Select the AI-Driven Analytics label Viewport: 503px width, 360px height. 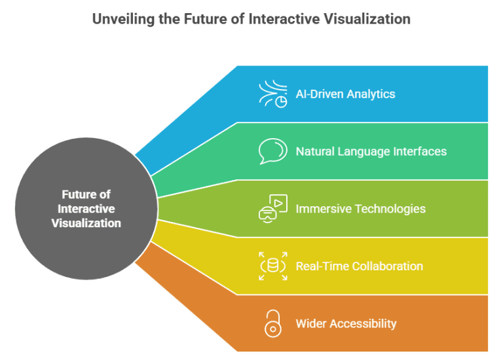coord(345,94)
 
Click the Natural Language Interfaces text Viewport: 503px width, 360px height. coord(371,151)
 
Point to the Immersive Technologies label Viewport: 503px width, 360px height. coord(360,209)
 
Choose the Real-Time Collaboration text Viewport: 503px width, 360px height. coord(359,266)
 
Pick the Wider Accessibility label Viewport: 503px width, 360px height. coord(346,323)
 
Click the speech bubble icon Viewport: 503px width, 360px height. coord(272,151)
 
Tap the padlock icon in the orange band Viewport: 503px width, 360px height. coord(272,323)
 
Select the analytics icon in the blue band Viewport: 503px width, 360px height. coord(272,94)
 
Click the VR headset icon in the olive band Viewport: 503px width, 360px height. coord(272,209)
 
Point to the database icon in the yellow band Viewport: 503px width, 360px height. coord(272,266)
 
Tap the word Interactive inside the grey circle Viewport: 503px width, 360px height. coord(86,209)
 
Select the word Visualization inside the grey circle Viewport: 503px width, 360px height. coord(86,223)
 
